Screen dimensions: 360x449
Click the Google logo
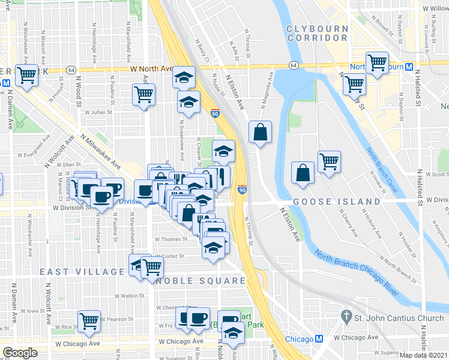click(x=20, y=353)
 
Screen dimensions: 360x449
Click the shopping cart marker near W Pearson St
click(x=89, y=320)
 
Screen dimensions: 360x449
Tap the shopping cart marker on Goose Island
click(x=329, y=160)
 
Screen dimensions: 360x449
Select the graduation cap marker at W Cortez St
click(x=212, y=247)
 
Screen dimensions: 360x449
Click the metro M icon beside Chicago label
click(x=319, y=339)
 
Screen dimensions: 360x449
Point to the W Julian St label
click(x=98, y=112)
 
